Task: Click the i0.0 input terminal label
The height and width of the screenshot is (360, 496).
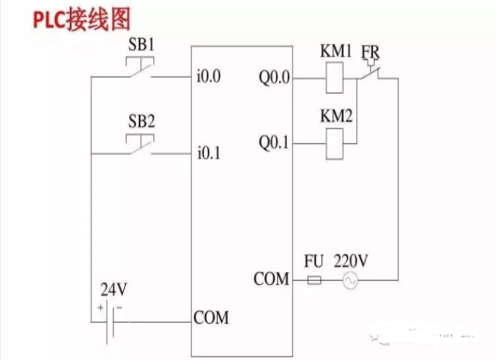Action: coord(208,77)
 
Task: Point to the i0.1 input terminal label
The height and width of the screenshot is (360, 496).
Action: coord(208,154)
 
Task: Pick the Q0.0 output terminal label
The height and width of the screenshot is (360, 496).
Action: coord(272,77)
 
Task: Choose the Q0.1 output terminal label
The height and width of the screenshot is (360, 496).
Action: coord(272,139)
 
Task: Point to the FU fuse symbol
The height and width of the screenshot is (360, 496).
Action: coord(314,280)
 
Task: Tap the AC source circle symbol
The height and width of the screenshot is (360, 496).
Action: coord(350,280)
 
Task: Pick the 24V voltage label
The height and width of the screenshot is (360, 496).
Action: coord(113,289)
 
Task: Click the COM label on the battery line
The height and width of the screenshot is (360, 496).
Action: coord(211,318)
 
